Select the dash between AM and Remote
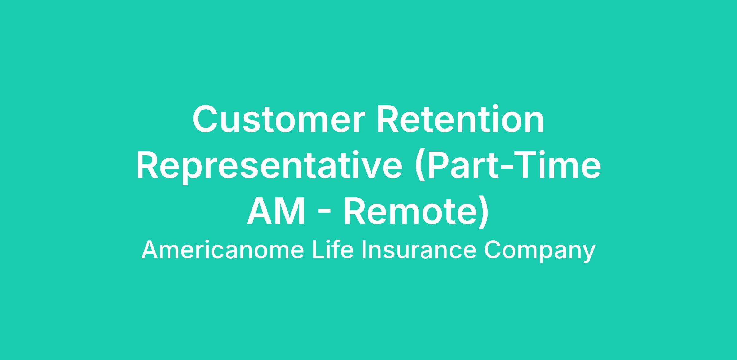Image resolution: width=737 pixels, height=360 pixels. coord(325,215)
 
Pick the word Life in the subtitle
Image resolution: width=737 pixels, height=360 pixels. coord(333,250)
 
